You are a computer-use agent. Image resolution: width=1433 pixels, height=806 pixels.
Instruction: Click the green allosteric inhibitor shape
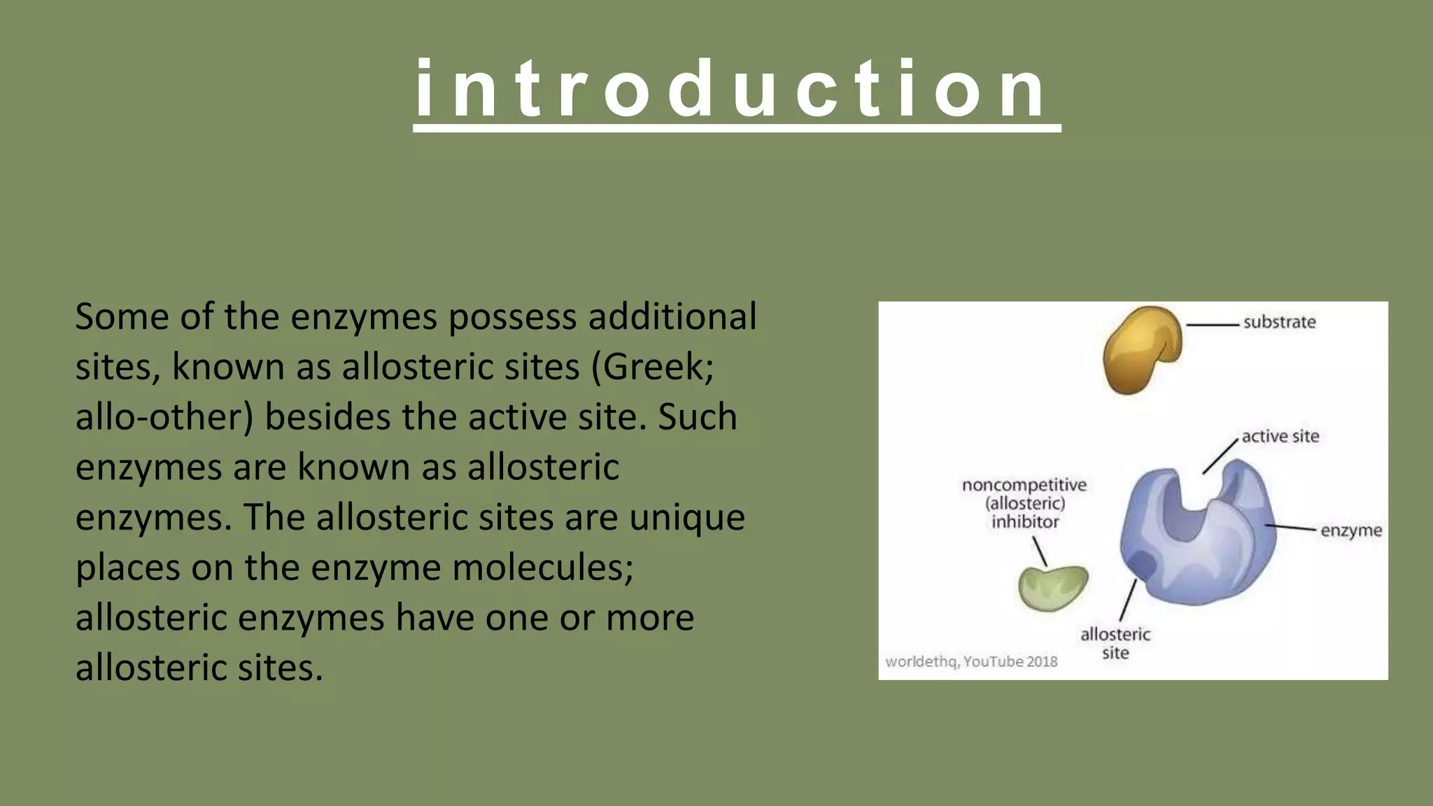(1052, 588)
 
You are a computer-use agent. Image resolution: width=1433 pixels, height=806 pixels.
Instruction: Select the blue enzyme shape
(1203, 546)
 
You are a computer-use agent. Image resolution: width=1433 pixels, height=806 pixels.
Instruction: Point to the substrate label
(1279, 323)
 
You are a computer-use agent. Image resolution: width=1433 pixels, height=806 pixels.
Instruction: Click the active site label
(1280, 437)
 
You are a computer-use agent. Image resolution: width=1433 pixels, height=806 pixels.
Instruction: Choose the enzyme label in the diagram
(1350, 530)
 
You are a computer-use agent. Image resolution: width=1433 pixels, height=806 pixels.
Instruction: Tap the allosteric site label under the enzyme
(1115, 643)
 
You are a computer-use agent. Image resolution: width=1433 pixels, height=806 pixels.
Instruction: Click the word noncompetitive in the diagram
(1024, 485)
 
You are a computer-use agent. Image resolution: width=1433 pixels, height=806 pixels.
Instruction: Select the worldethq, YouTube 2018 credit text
(971, 661)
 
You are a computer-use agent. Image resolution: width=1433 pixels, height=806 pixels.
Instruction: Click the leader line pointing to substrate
(1213, 325)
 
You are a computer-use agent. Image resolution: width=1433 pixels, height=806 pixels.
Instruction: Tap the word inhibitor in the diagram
(1024, 522)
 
